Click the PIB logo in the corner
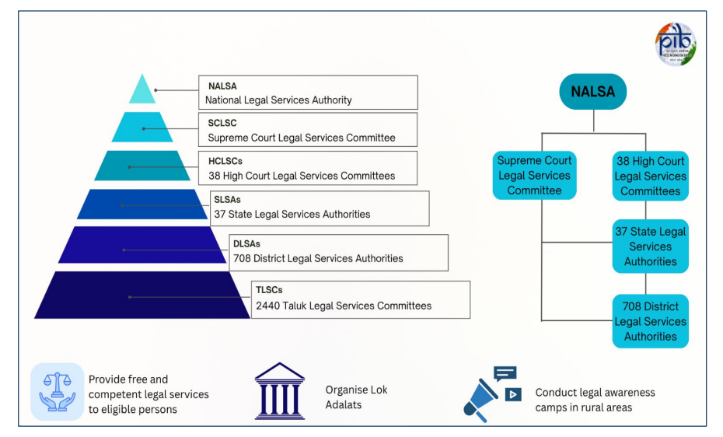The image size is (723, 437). [675, 44]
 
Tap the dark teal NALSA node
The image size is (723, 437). [592, 92]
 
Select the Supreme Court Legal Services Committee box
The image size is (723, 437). [534, 176]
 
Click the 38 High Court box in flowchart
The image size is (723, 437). [650, 176]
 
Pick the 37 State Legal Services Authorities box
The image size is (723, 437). [650, 246]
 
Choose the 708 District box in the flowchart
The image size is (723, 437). [650, 321]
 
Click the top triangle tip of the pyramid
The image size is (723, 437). [142, 89]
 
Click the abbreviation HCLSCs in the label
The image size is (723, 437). [225, 161]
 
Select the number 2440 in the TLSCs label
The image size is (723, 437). [269, 306]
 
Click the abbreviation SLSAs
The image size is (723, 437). [227, 200]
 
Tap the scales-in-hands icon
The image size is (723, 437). [57, 391]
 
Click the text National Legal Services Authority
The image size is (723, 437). [278, 100]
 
